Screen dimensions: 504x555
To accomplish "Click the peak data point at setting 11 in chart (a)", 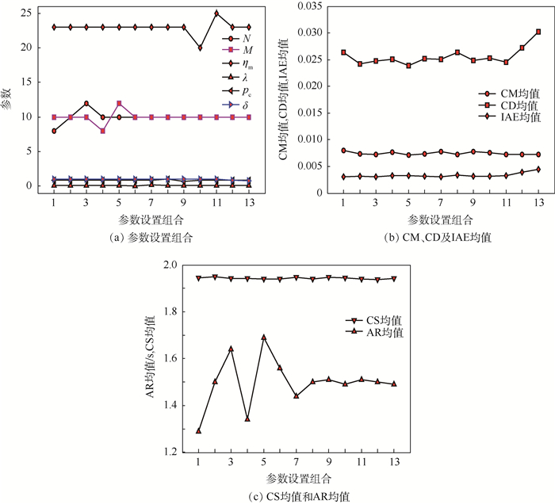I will click(x=216, y=13).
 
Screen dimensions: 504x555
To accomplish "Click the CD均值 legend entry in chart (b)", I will click(x=500, y=104).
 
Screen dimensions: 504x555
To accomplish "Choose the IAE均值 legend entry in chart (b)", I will click(x=500, y=117).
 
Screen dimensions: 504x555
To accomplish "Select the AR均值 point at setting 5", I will click(x=264, y=337).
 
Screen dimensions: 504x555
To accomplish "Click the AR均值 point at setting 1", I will click(x=198, y=430).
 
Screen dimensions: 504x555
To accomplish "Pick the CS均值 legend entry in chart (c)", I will click(x=373, y=320).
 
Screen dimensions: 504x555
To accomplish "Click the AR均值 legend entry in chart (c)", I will click(x=373, y=333).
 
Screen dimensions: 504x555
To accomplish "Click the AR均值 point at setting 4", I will click(x=247, y=418).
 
